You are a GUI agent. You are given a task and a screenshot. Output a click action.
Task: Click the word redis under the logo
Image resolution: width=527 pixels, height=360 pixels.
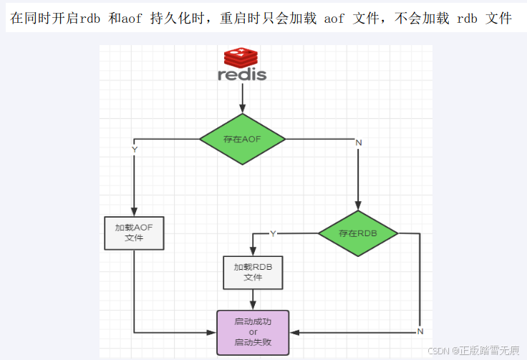pos(242,74)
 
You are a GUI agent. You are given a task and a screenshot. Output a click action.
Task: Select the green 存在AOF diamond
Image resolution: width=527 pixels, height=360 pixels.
pos(242,139)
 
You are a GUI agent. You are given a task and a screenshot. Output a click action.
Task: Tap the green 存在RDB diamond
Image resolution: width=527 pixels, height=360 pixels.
pos(359,233)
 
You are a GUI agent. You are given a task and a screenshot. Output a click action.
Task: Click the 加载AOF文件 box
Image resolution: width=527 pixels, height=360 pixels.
pos(134,233)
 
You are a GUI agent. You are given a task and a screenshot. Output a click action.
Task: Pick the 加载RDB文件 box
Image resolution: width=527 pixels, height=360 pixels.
pos(253,272)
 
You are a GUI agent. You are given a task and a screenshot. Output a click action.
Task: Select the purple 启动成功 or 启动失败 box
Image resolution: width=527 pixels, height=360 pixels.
pos(253,332)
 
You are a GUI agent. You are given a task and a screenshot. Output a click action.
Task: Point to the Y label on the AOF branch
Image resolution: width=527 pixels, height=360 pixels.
pos(135,149)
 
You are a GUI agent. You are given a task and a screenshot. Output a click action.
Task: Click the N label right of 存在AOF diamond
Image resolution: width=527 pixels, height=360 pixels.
pos(359,142)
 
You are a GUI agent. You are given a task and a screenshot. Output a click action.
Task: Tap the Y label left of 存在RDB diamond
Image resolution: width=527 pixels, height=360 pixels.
pos(273,233)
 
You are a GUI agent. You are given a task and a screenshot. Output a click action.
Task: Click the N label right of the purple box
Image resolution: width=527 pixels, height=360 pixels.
pos(420,331)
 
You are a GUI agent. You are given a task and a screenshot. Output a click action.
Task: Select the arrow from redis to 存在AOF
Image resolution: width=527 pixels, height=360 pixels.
pos(242,97)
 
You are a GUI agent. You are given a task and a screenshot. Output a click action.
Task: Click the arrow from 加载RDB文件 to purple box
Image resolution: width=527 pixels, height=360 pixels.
pos(253,299)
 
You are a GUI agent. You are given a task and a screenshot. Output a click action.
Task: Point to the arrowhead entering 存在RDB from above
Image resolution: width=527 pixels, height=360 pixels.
pos(359,206)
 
